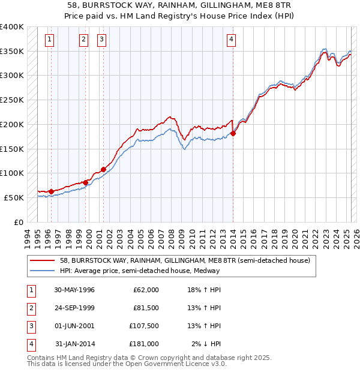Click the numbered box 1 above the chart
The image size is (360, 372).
click(49, 40)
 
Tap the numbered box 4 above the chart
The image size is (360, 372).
click(231, 40)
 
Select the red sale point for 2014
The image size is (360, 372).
click(233, 133)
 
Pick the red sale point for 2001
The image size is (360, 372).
click(103, 169)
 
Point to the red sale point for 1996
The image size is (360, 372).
click(52, 191)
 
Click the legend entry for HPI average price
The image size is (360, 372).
click(139, 271)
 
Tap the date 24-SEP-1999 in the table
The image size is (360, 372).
click(74, 308)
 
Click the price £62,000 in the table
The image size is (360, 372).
click(145, 290)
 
